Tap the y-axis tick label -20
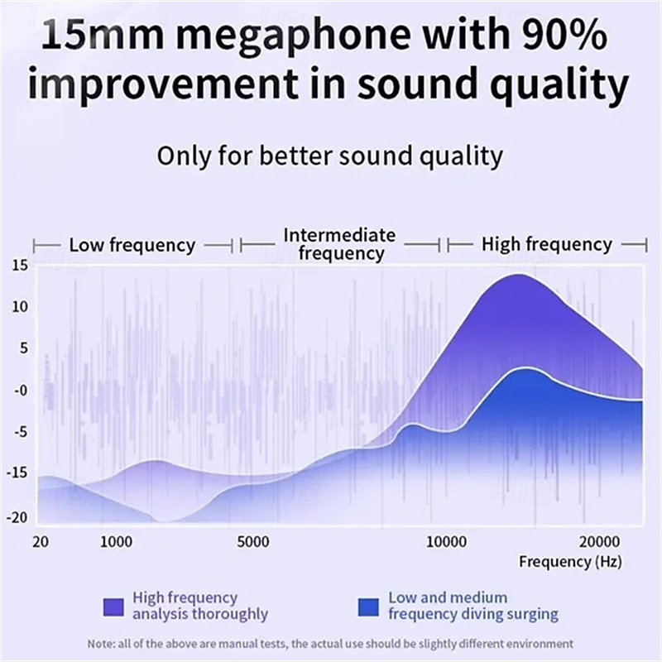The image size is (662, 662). tap(18, 517)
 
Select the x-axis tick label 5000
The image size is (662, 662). tap(252, 542)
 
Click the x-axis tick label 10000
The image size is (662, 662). tap(446, 542)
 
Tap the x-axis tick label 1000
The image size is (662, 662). tap(116, 542)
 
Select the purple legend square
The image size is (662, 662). tap(114, 607)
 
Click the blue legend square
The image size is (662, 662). tap(370, 607)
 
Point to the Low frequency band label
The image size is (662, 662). tap(132, 245)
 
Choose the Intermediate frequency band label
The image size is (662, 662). tap(340, 244)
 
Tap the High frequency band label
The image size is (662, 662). tap(547, 244)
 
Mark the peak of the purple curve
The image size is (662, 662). tap(517, 275)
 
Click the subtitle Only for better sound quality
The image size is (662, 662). tap(330, 156)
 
